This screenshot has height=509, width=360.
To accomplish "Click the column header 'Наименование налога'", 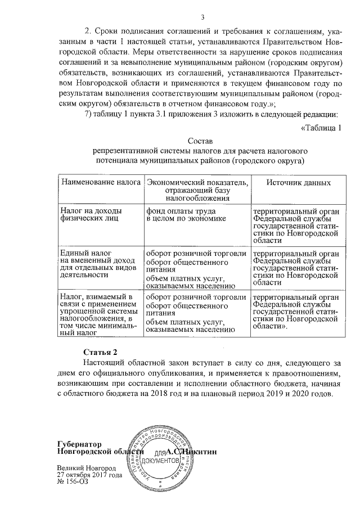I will pos(100,183).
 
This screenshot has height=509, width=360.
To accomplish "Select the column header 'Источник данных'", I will pos(298,183).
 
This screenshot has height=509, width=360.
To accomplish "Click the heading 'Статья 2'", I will pos(100,352).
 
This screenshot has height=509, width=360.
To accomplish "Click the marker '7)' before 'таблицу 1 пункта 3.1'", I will pos(88,115).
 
